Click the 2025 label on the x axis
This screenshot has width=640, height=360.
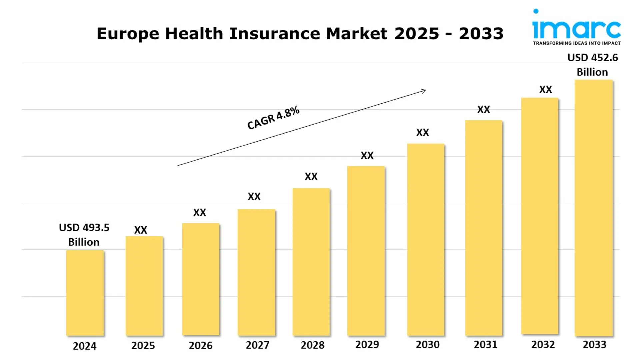[x=143, y=345]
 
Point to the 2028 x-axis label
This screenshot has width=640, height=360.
[x=312, y=345]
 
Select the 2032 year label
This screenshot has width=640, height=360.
[x=543, y=344]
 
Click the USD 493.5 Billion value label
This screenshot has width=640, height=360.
[x=84, y=234]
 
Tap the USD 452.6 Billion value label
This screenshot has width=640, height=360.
[x=592, y=65]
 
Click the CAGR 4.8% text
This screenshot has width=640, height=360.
[x=273, y=117]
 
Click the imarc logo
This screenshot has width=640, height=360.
[x=576, y=29]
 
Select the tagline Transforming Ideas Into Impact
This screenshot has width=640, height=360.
[x=576, y=43]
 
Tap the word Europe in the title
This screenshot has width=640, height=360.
[x=128, y=34]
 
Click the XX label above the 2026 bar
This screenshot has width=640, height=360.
[x=200, y=212]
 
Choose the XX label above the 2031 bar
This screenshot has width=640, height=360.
[x=483, y=109]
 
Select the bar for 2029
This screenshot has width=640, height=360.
[x=366, y=251]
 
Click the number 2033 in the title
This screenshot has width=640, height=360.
[x=481, y=34]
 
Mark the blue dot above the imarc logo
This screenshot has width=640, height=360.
[x=536, y=11]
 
